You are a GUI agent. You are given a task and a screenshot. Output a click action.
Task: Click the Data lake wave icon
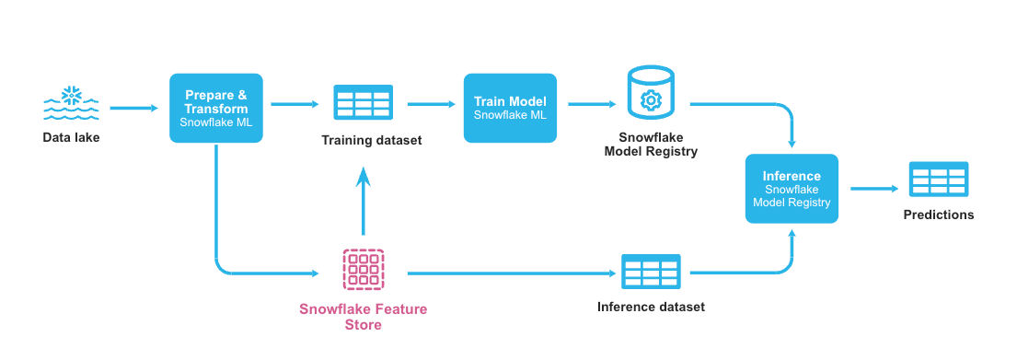[71, 104]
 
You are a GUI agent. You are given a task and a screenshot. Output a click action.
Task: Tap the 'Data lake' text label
[71, 138]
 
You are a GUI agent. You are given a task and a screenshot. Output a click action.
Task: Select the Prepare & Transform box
[216, 108]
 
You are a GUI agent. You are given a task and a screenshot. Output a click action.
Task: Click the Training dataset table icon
[363, 103]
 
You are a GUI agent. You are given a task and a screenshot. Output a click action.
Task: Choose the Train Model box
[510, 108]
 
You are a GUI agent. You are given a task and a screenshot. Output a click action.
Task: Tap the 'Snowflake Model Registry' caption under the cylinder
[651, 145]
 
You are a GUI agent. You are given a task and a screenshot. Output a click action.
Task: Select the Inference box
[792, 189]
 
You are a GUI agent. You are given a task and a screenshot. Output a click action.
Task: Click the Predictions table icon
[938, 180]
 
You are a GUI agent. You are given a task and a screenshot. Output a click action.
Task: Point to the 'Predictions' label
[938, 215]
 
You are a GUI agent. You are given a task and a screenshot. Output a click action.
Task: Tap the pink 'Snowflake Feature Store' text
[363, 316]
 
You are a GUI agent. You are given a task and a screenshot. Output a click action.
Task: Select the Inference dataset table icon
[651, 273]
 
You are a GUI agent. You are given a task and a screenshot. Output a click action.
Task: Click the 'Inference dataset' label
[651, 307]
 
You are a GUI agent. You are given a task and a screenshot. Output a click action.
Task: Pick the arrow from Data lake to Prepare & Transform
[134, 108]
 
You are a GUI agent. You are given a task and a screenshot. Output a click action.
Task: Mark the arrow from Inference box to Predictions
[874, 189]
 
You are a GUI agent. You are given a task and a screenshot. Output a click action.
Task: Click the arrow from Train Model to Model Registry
[592, 104]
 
